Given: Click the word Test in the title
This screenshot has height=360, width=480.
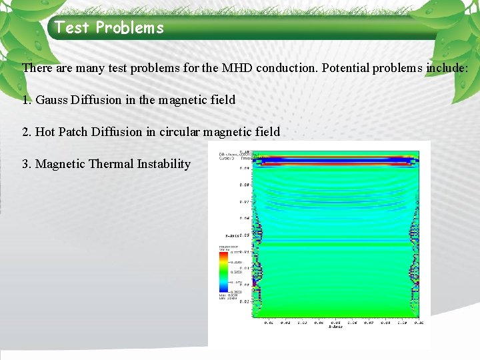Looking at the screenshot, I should pyautogui.click(x=72, y=28).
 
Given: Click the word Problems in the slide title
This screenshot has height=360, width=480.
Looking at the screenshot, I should pyautogui.click(x=129, y=28).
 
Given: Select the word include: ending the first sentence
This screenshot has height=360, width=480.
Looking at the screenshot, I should pyautogui.click(x=448, y=68).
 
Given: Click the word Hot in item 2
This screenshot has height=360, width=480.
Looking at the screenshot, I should pyautogui.click(x=45, y=132).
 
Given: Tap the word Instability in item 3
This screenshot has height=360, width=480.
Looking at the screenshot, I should pyautogui.click(x=165, y=164).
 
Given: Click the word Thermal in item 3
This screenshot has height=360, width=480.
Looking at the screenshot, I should pyautogui.click(x=111, y=164).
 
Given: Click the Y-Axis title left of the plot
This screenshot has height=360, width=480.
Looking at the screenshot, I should pyautogui.click(x=233, y=235).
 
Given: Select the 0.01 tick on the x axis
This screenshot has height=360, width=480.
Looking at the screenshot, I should pyautogui.click(x=268, y=322).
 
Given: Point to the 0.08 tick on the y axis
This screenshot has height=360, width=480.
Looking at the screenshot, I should pyautogui.click(x=245, y=185).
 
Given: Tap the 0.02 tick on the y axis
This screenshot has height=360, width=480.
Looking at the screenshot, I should pyautogui.click(x=245, y=301).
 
